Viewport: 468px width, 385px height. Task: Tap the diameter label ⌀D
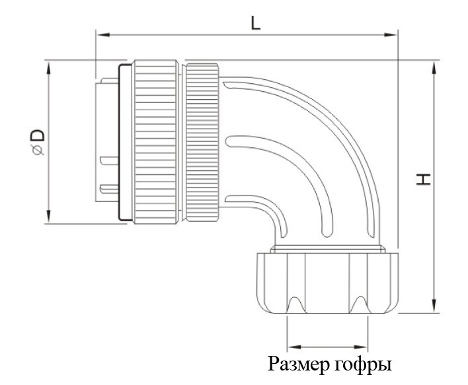(x=38, y=143)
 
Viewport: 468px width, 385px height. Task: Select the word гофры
(x=364, y=365)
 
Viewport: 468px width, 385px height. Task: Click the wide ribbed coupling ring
(x=157, y=143)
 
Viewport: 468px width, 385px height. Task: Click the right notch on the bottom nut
(x=361, y=304)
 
